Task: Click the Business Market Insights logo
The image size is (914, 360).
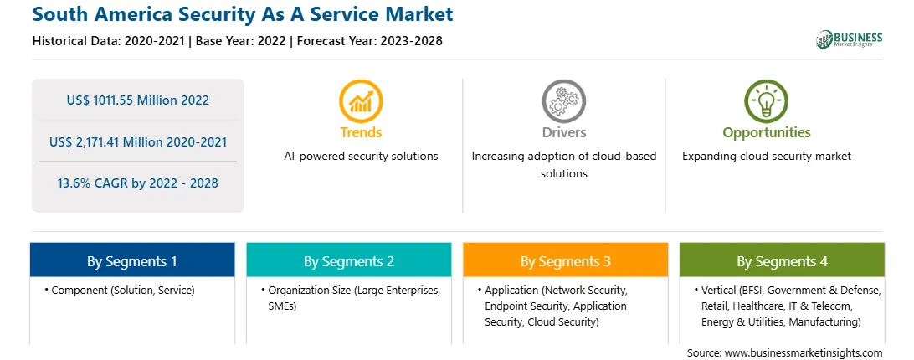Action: tap(850, 39)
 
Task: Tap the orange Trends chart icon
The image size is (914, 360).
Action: tap(361, 101)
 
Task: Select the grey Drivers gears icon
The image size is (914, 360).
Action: tap(563, 101)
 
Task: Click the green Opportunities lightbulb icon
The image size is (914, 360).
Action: tap(767, 101)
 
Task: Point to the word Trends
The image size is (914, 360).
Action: tap(361, 132)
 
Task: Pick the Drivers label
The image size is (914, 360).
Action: tap(563, 132)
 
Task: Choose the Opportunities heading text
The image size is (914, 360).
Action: tap(767, 133)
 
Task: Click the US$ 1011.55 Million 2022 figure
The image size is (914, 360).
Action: tap(137, 100)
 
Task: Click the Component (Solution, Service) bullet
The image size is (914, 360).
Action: tap(120, 290)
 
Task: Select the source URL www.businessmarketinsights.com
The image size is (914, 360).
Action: tap(804, 353)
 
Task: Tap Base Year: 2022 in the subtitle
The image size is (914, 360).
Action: tap(241, 41)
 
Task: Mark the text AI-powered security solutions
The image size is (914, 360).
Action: tap(361, 157)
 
